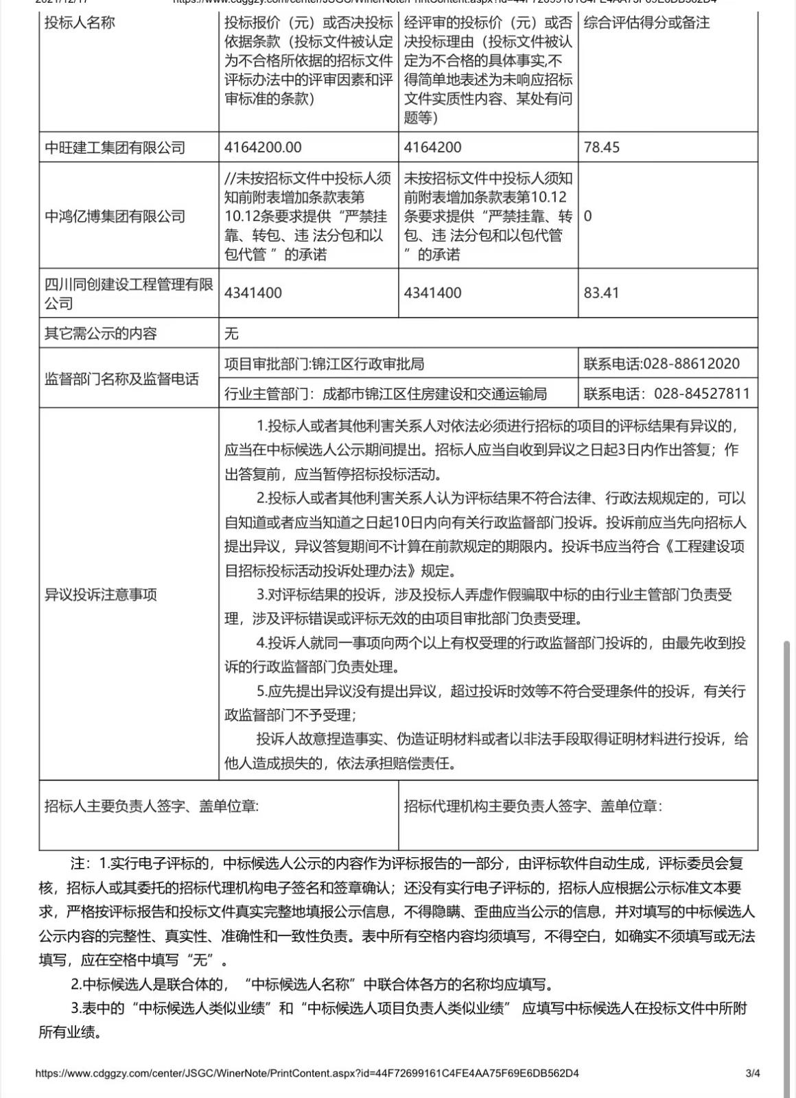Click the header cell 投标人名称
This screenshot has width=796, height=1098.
[x=80, y=23]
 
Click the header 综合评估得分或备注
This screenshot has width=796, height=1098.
[x=646, y=23]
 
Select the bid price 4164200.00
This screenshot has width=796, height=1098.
[x=263, y=148]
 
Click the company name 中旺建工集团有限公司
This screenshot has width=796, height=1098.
[x=115, y=148]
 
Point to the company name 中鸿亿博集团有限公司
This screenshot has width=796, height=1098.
[x=115, y=217]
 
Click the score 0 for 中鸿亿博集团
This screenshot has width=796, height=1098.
[x=588, y=216]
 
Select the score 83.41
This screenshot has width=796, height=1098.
[x=601, y=293]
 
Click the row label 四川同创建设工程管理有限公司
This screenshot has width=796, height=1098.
[x=128, y=294]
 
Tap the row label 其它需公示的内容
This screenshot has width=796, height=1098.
[x=101, y=334]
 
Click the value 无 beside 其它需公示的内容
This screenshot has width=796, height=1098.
[x=231, y=334]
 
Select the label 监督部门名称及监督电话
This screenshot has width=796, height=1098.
[x=121, y=379]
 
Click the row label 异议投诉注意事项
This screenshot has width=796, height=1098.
[x=101, y=595]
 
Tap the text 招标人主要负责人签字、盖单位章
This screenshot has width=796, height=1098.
[x=152, y=806]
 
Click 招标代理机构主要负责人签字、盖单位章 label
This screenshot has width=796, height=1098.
[x=533, y=806]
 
